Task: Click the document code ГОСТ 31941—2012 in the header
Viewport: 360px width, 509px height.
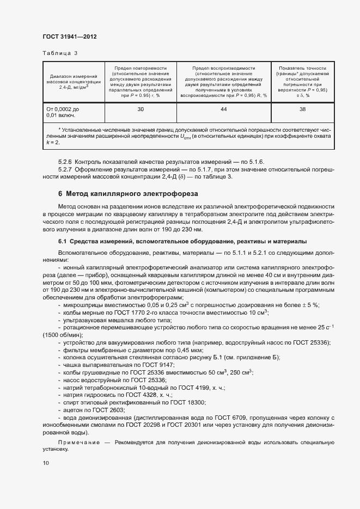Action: pos(70,36)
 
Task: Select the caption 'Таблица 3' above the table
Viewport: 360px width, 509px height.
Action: pos(60,53)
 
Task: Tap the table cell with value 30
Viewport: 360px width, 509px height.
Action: pos(141,109)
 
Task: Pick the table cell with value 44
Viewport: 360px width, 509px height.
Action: pos(223,109)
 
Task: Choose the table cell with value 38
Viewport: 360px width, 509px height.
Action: pos(302,109)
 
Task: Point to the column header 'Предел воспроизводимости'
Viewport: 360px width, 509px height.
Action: pos(223,68)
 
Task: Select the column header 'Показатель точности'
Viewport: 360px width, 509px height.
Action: pos(302,68)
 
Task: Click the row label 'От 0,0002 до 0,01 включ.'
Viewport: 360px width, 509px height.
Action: pos(63,113)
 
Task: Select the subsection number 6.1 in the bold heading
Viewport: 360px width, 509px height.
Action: pos(62,241)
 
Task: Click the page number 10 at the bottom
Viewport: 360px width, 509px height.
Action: pos(45,463)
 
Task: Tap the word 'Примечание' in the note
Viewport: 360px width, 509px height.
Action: pos(76,442)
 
